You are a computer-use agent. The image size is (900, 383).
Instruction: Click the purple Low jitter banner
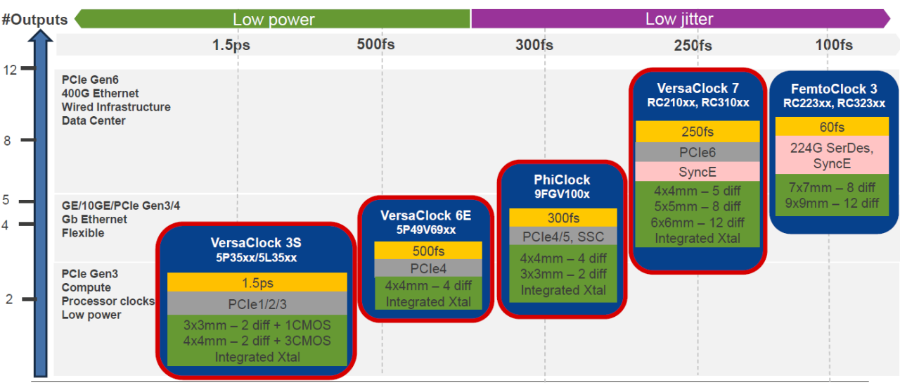679,19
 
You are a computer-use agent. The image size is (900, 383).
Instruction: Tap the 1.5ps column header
231,45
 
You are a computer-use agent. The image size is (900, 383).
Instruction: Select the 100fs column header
834,45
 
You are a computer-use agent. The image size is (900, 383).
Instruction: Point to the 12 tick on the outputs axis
10,69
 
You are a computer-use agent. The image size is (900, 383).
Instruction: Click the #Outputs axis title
34,19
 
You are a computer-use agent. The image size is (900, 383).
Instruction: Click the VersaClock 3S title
256,243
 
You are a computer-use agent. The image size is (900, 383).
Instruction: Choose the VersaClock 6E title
425,215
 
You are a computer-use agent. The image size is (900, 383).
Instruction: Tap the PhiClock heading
562,180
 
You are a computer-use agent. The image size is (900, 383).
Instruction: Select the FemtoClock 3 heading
834,89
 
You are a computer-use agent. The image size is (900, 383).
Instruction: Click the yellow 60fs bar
832,127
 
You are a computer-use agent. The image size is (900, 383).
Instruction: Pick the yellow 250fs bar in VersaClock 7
697,132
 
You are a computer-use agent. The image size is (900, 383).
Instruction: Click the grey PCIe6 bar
697,152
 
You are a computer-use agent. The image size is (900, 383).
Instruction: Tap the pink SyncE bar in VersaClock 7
697,172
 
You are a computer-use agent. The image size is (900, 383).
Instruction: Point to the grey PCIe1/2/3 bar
257,304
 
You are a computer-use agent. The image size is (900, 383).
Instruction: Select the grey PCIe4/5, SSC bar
562,236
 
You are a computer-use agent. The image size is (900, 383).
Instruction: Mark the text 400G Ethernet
100,93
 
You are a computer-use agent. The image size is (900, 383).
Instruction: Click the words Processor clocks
108,301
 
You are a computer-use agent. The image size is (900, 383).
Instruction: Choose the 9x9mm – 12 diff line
832,203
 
